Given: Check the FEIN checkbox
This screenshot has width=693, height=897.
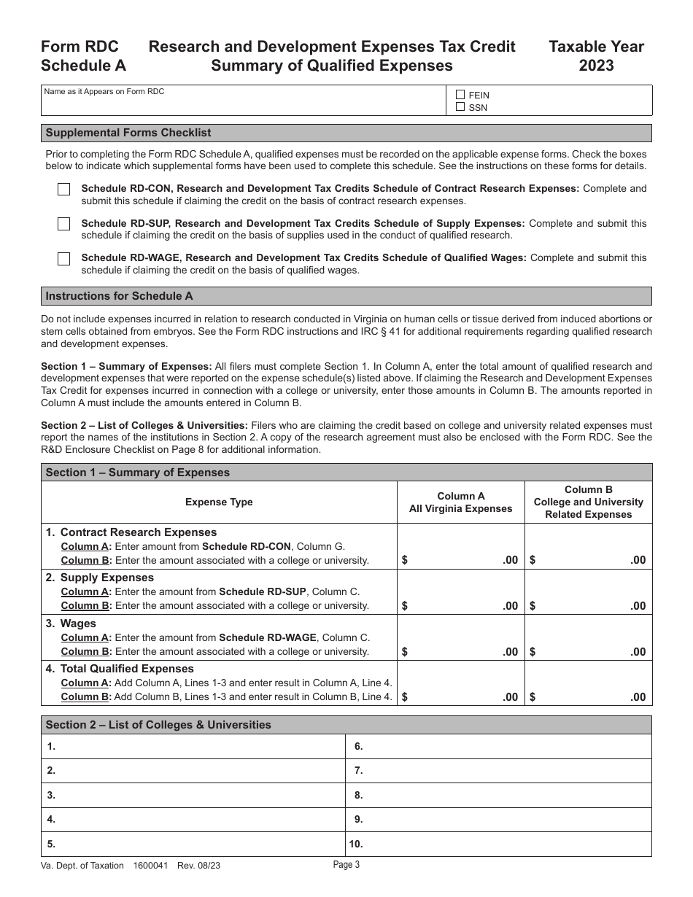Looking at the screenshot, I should click(460, 95).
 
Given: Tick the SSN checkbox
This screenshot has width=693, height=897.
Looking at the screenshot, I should click(460, 107).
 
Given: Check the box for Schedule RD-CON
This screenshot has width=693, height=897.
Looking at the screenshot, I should click(64, 190).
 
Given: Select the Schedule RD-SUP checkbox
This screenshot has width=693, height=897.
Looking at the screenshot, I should click(64, 224).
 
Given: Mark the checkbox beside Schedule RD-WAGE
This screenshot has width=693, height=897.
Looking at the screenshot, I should click(64, 259).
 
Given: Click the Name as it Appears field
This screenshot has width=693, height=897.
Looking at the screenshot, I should click(244, 104).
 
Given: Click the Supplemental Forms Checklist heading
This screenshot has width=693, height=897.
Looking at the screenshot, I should click(128, 133).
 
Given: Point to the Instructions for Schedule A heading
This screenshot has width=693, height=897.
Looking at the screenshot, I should click(119, 296).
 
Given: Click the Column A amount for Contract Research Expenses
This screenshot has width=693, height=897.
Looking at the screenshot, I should click(460, 559).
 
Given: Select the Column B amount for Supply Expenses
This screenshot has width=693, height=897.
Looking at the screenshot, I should click(588, 605).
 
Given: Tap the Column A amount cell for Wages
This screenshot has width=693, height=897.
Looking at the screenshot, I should click(460, 651).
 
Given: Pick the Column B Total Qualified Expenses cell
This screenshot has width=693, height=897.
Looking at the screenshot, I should click(588, 696).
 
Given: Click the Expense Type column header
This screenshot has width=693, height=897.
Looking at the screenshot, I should click(219, 502).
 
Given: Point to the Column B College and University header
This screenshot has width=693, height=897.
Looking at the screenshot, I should click(588, 502).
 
